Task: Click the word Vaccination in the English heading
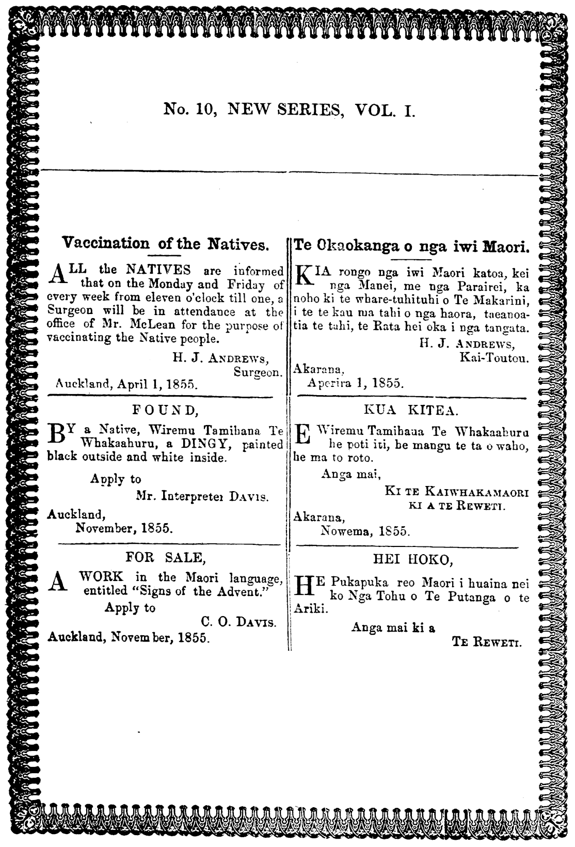tap(105, 243)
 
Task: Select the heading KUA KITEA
tap(410, 411)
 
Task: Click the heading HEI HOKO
tap(413, 559)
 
